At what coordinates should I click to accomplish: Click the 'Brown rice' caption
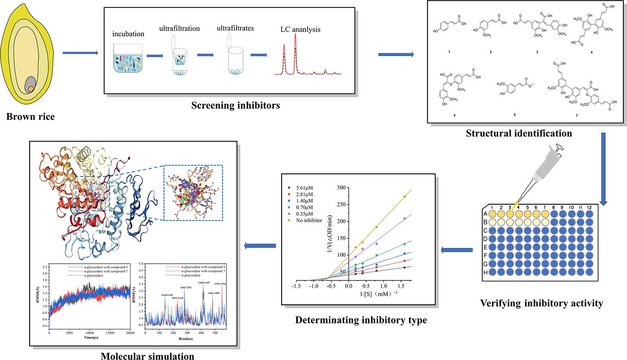30,117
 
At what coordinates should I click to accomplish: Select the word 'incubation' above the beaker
128,34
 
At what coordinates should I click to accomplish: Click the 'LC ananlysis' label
300,29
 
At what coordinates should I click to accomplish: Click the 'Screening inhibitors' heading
236,106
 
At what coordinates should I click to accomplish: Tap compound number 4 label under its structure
591,52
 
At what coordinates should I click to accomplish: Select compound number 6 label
514,115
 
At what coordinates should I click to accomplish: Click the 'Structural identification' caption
519,133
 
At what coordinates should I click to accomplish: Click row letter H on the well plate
485,273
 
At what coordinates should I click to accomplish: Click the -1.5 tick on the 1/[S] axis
296,286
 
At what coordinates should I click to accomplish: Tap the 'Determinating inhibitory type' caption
361,320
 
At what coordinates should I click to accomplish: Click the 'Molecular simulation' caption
148,356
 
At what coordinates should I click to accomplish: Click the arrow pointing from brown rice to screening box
80,53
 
